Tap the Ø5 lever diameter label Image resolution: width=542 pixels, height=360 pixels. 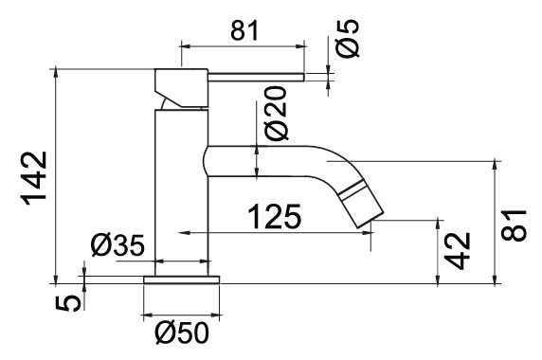coord(348,38)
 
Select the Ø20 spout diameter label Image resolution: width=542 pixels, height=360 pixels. coord(276,114)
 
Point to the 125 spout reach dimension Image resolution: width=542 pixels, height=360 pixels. coord(275,217)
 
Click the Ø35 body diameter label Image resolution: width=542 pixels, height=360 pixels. coord(117,245)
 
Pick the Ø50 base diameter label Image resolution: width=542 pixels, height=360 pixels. coord(182,333)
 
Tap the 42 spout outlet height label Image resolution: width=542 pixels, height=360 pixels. coord(458,250)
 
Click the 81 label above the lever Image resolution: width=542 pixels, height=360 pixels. coord(244,30)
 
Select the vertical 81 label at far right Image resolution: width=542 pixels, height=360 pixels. coord(514,225)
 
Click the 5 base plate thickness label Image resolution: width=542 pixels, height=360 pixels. coord(68,303)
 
